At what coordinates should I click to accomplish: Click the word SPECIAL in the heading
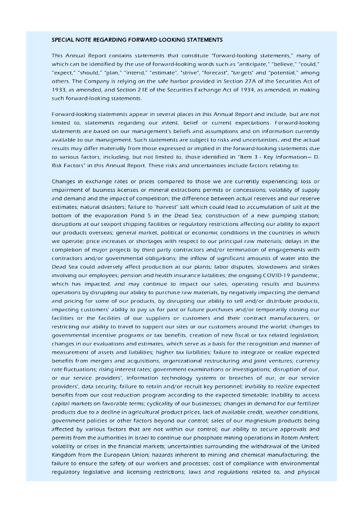click(63, 39)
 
